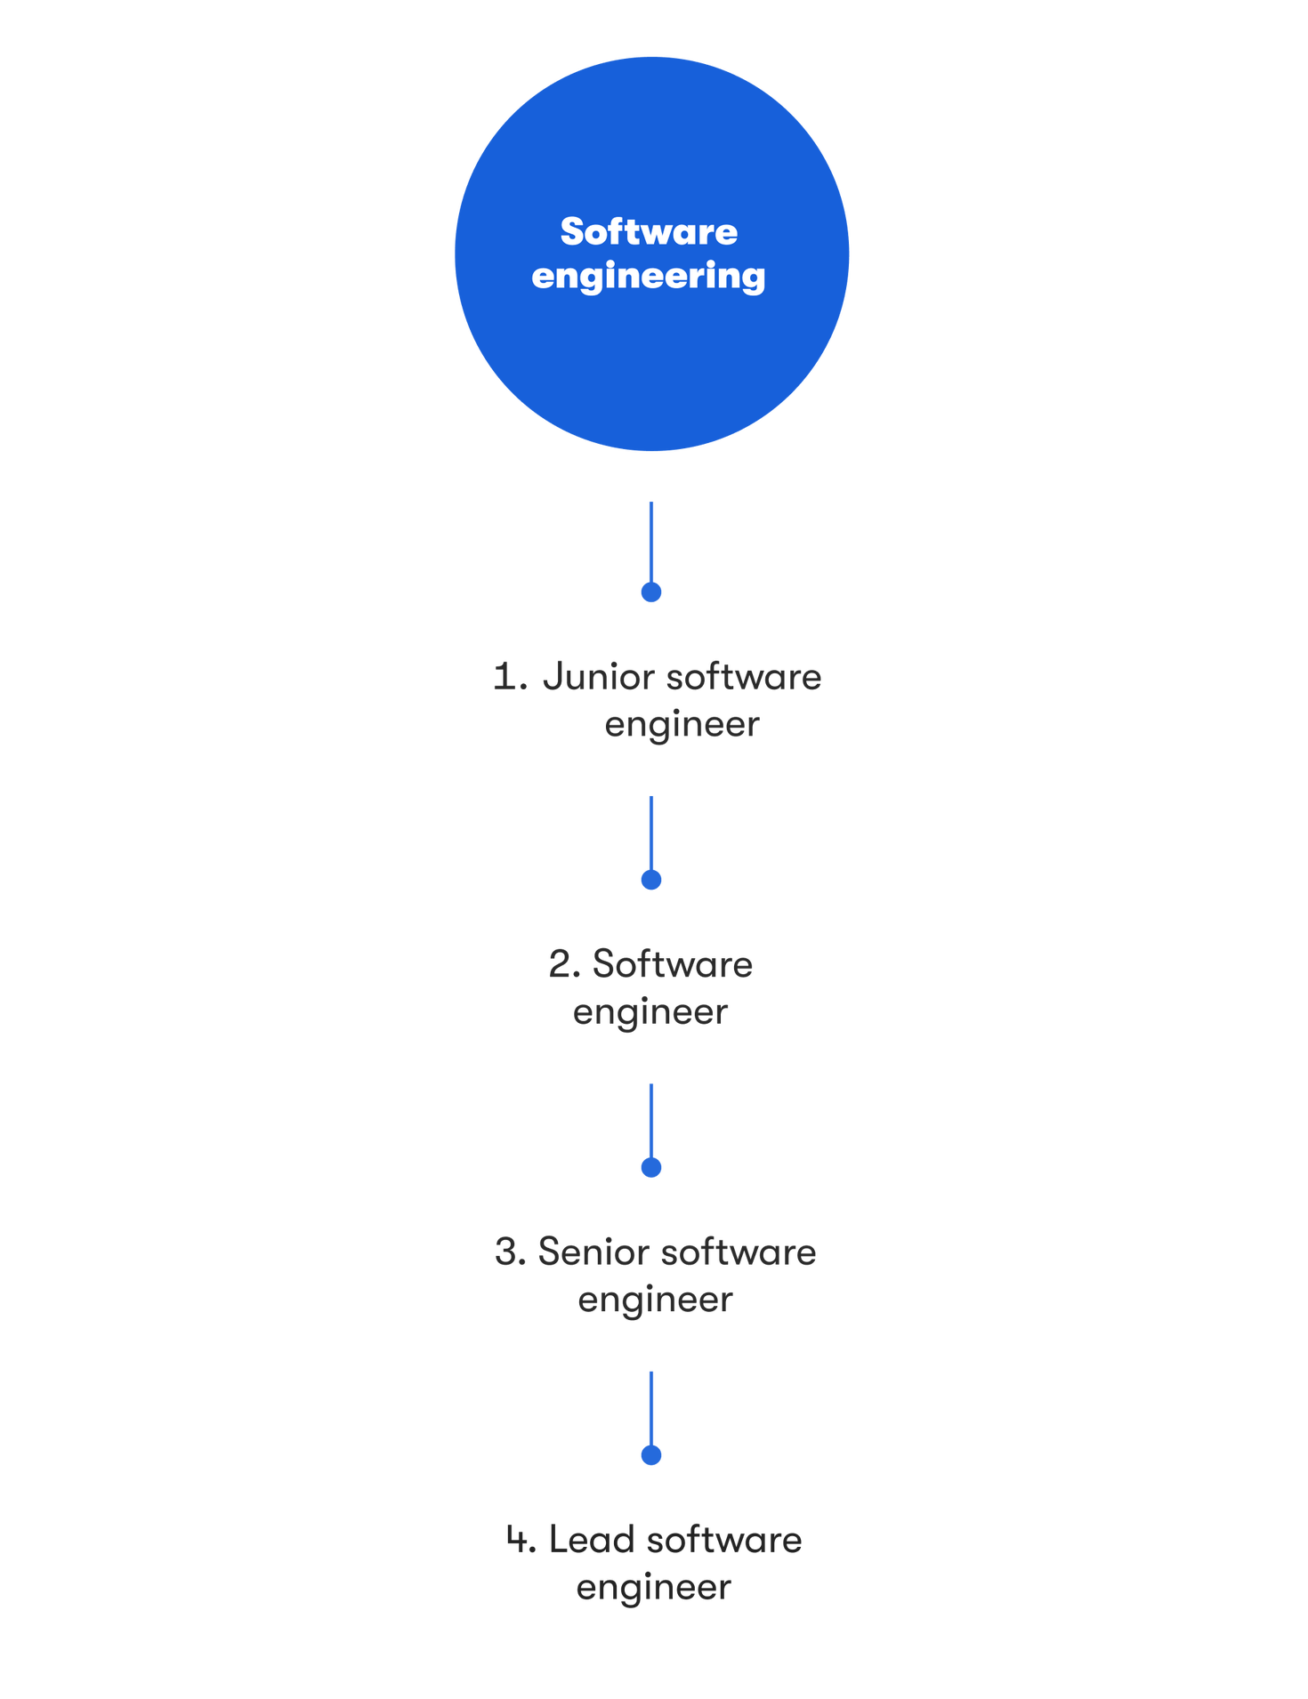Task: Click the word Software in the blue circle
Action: [649, 232]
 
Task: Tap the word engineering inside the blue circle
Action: [649, 277]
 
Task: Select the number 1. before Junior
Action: [510, 677]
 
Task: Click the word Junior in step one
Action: [598, 678]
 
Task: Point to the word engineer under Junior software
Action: [682, 725]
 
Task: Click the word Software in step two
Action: [673, 965]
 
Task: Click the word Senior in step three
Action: [594, 1252]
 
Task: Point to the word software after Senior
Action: [739, 1252]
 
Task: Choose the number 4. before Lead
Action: [521, 1540]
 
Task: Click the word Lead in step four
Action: [592, 1540]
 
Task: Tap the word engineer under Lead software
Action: [653, 1588]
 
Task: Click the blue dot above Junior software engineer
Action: [651, 592]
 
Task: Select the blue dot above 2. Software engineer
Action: [651, 880]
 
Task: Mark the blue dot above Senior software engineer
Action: [651, 1167]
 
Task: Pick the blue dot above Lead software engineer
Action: [651, 1455]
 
